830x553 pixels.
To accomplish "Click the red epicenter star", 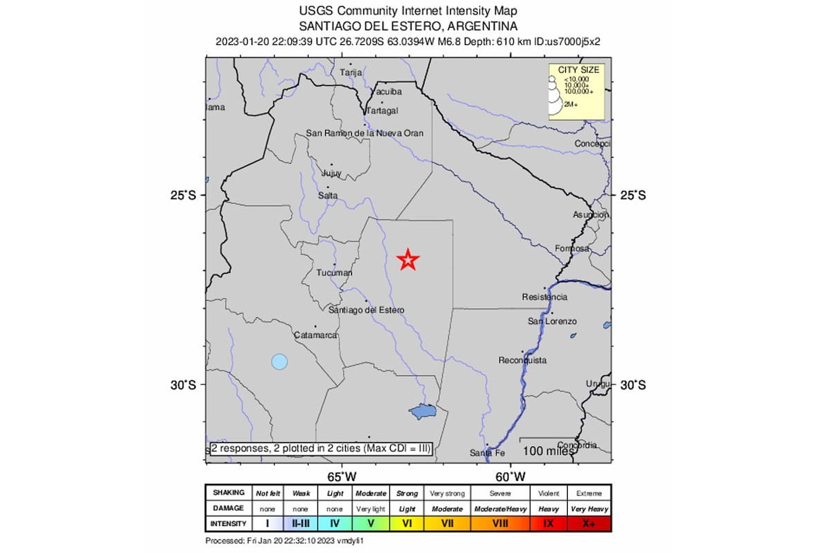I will pos(408,260).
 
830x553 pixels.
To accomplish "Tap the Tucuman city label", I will pos(334,273).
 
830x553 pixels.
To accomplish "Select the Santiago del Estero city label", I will pos(367,310).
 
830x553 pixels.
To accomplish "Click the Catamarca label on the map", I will pos(315,335).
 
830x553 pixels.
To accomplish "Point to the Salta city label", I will pos(327,196).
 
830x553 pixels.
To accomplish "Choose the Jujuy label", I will pos(332,173).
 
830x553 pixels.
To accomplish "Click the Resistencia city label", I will pos(544,297).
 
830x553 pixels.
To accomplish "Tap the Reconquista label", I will pos(523,360).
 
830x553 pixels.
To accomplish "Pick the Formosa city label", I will pos(572,249).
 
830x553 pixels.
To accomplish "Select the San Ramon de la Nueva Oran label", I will pos(365,133).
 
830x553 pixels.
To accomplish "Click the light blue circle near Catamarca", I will pos(279,361).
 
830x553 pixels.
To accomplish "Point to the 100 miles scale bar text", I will pos(548,451).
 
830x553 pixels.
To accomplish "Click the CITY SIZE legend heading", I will pos(578,70).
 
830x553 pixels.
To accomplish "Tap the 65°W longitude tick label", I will pos(342,476).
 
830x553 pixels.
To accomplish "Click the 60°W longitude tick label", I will pos(512,476).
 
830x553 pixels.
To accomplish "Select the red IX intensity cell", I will pos(548,523).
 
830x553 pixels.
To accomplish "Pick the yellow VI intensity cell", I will pos(407,523).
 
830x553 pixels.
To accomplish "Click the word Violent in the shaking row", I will pos(548,494).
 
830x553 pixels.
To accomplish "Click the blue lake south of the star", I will pos(422,412).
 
